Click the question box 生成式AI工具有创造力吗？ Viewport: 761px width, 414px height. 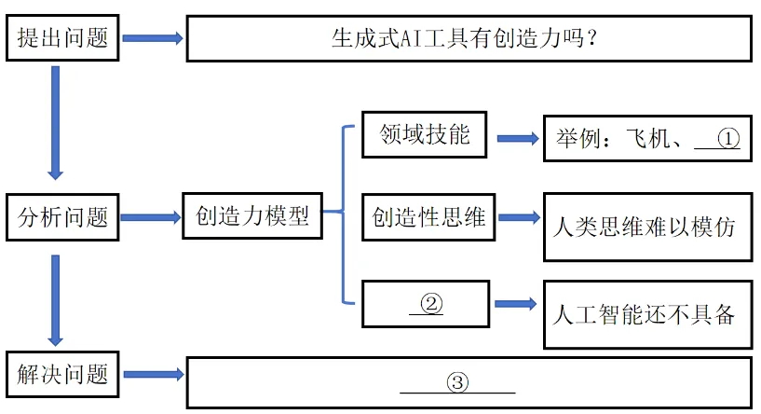click(468, 39)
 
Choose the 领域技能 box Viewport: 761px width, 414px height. click(425, 136)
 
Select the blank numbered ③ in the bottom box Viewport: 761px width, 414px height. click(456, 382)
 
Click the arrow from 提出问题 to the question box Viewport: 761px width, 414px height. click(153, 38)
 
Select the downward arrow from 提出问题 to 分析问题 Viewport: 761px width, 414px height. click(55, 121)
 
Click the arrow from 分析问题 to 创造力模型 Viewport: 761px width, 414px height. click(151, 217)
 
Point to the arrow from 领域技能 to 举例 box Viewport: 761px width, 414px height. click(518, 138)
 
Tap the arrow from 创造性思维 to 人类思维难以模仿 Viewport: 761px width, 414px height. click(518, 218)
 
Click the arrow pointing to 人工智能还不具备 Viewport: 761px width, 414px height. click(515, 304)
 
